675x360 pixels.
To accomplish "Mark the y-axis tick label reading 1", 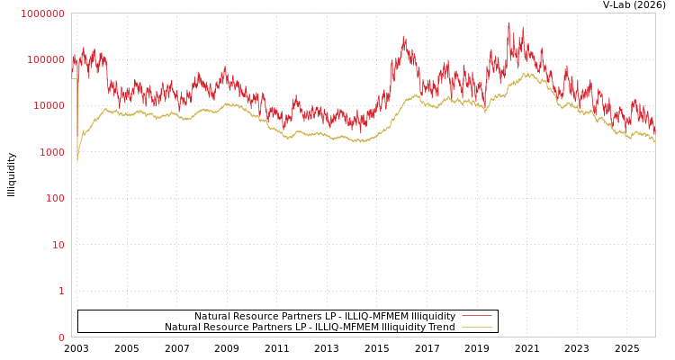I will point(61,291).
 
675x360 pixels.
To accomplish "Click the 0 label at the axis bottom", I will point(61,337).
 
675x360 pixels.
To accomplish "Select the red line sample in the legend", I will point(476,316).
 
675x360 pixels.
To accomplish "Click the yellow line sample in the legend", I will point(476,327).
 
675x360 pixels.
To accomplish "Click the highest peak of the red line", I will point(508,22).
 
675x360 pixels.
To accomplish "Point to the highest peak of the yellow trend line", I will point(528,73).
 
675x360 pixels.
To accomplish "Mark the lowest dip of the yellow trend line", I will point(77,160).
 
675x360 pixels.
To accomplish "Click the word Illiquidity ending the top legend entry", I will point(433,316).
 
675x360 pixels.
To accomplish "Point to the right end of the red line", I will point(654,133).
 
